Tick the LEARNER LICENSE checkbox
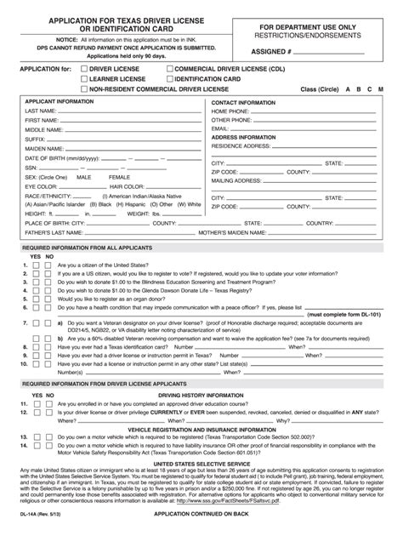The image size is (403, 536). click(83, 77)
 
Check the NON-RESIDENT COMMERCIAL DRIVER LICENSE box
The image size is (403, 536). click(83, 88)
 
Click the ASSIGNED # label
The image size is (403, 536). click(271, 50)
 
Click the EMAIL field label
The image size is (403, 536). click(221, 129)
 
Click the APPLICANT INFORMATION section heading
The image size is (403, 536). click(60, 101)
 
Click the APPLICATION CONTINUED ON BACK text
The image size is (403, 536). click(200, 516)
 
